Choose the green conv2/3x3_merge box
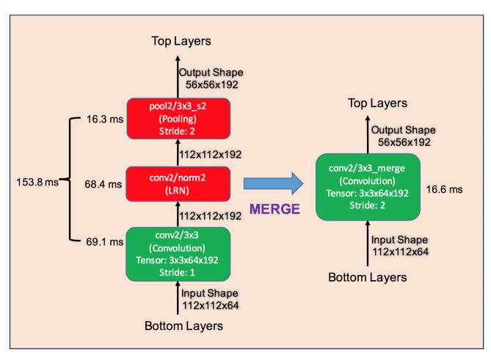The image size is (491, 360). [x=367, y=187]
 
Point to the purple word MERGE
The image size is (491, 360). [x=274, y=209]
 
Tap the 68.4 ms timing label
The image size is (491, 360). [x=101, y=185]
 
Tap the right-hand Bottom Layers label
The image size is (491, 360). [x=367, y=277]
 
